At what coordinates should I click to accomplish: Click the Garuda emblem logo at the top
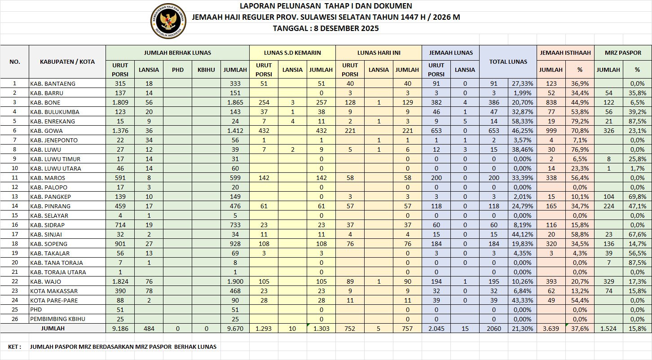(168, 21)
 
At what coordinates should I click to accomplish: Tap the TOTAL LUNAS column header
(508, 61)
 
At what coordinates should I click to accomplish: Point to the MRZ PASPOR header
(623, 53)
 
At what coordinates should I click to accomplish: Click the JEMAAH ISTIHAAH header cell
(565, 53)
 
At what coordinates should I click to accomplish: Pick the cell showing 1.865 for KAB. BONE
(235, 102)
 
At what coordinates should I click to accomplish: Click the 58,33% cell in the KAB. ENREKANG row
(522, 121)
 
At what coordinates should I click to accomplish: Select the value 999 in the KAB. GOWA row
(551, 131)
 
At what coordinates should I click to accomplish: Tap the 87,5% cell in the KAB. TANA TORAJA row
(637, 263)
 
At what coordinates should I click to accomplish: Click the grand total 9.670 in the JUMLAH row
(235, 329)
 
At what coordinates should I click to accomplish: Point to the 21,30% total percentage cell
(522, 329)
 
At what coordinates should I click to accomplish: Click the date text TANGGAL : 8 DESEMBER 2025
(326, 28)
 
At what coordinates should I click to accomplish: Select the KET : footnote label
(14, 347)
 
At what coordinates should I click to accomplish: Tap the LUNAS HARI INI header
(379, 53)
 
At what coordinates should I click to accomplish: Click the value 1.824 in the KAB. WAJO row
(120, 281)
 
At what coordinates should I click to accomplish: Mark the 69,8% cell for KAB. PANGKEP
(637, 197)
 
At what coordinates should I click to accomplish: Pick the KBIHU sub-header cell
(206, 70)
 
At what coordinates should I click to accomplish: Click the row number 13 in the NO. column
(14, 197)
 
